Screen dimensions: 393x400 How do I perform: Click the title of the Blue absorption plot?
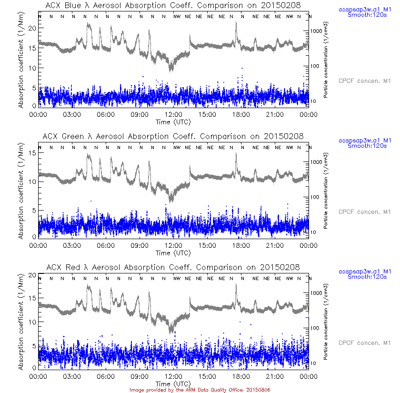(174, 5)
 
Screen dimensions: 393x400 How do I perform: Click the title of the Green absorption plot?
(174, 136)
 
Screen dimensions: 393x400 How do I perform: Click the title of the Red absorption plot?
(174, 267)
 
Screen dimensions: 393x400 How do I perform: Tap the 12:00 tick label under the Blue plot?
(174, 114)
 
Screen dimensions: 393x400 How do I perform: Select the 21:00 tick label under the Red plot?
(275, 376)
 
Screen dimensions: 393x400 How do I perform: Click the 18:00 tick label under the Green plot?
(241, 245)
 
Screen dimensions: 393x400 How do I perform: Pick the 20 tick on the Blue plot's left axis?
(31, 28)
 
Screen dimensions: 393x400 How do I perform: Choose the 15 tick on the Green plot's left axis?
(31, 153)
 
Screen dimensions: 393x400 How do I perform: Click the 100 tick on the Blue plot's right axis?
(317, 66)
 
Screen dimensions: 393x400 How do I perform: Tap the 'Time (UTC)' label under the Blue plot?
(174, 121)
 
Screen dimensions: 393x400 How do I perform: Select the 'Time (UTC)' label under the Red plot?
(174, 383)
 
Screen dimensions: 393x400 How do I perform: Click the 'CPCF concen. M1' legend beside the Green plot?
(364, 212)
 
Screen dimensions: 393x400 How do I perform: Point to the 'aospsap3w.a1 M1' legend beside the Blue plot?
(364, 10)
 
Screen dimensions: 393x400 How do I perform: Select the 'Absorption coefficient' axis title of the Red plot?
(21, 322)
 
